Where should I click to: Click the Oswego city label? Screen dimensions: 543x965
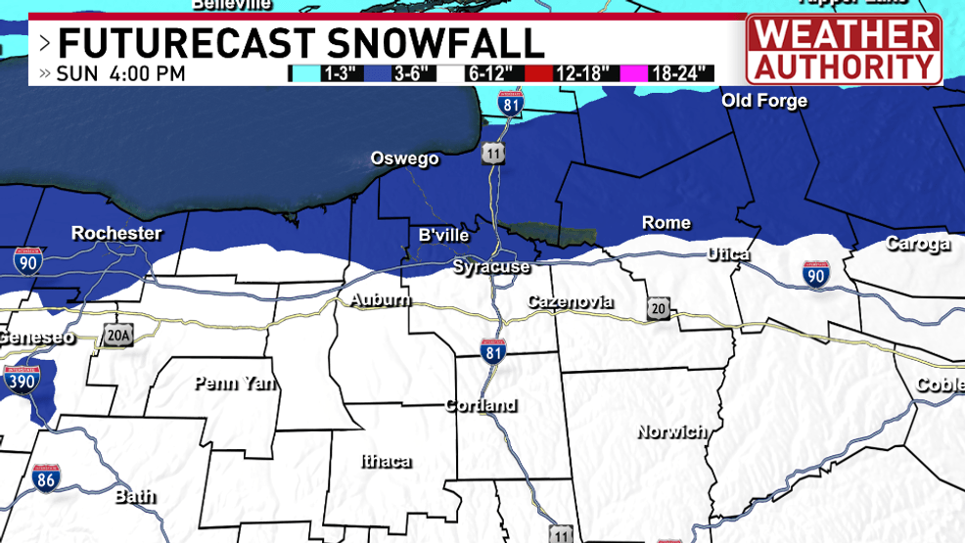pyautogui.click(x=404, y=158)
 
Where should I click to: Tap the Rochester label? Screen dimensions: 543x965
pyautogui.click(x=116, y=233)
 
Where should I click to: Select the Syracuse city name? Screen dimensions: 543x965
pyautogui.click(x=490, y=266)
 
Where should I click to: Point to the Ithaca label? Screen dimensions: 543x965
pyautogui.click(x=386, y=461)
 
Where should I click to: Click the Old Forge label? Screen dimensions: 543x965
pyautogui.click(x=764, y=101)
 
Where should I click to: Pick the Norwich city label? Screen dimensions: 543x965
pyautogui.click(x=671, y=430)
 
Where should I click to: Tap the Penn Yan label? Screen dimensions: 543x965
pyautogui.click(x=235, y=383)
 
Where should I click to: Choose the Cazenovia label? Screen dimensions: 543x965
pyautogui.click(x=571, y=301)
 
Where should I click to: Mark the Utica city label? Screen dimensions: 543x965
pyautogui.click(x=728, y=254)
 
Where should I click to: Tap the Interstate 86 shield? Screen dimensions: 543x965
pyautogui.click(x=45, y=477)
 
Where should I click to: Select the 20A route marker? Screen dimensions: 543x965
pyautogui.click(x=117, y=337)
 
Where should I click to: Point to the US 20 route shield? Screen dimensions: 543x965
pyautogui.click(x=658, y=310)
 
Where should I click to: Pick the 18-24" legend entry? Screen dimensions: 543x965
pyautogui.click(x=673, y=73)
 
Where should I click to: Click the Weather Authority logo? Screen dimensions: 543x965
pyautogui.click(x=844, y=49)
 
